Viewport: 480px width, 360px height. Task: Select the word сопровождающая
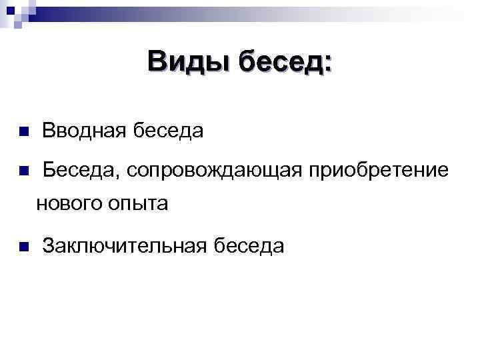(x=212, y=171)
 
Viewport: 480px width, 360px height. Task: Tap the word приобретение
(x=377, y=171)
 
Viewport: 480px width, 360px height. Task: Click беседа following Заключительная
(x=249, y=246)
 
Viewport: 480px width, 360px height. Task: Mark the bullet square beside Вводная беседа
(x=23, y=131)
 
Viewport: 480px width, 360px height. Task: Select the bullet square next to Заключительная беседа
(x=23, y=247)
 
